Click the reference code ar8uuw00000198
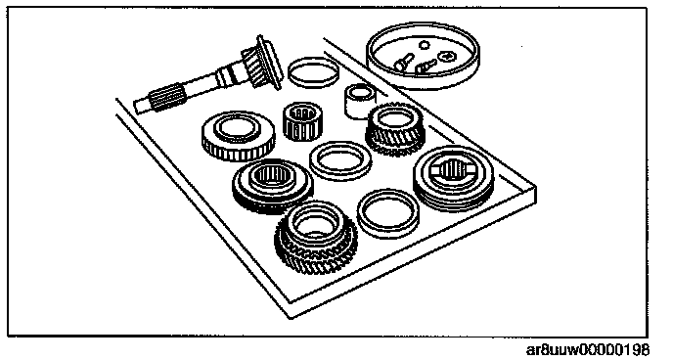(x=588, y=349)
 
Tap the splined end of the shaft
(x=167, y=97)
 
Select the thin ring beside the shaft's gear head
(x=313, y=72)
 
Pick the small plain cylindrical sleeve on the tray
(x=360, y=101)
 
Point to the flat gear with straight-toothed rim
(x=239, y=136)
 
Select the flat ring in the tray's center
(x=340, y=160)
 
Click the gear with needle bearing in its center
(x=273, y=185)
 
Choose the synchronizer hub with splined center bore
(x=454, y=178)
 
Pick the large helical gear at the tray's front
(x=316, y=238)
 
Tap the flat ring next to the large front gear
(x=388, y=213)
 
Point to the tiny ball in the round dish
(x=425, y=45)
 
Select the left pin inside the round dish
(x=404, y=63)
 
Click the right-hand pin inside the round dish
(x=426, y=67)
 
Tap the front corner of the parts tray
(x=291, y=318)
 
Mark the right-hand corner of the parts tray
(x=535, y=187)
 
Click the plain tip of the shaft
(x=140, y=107)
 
